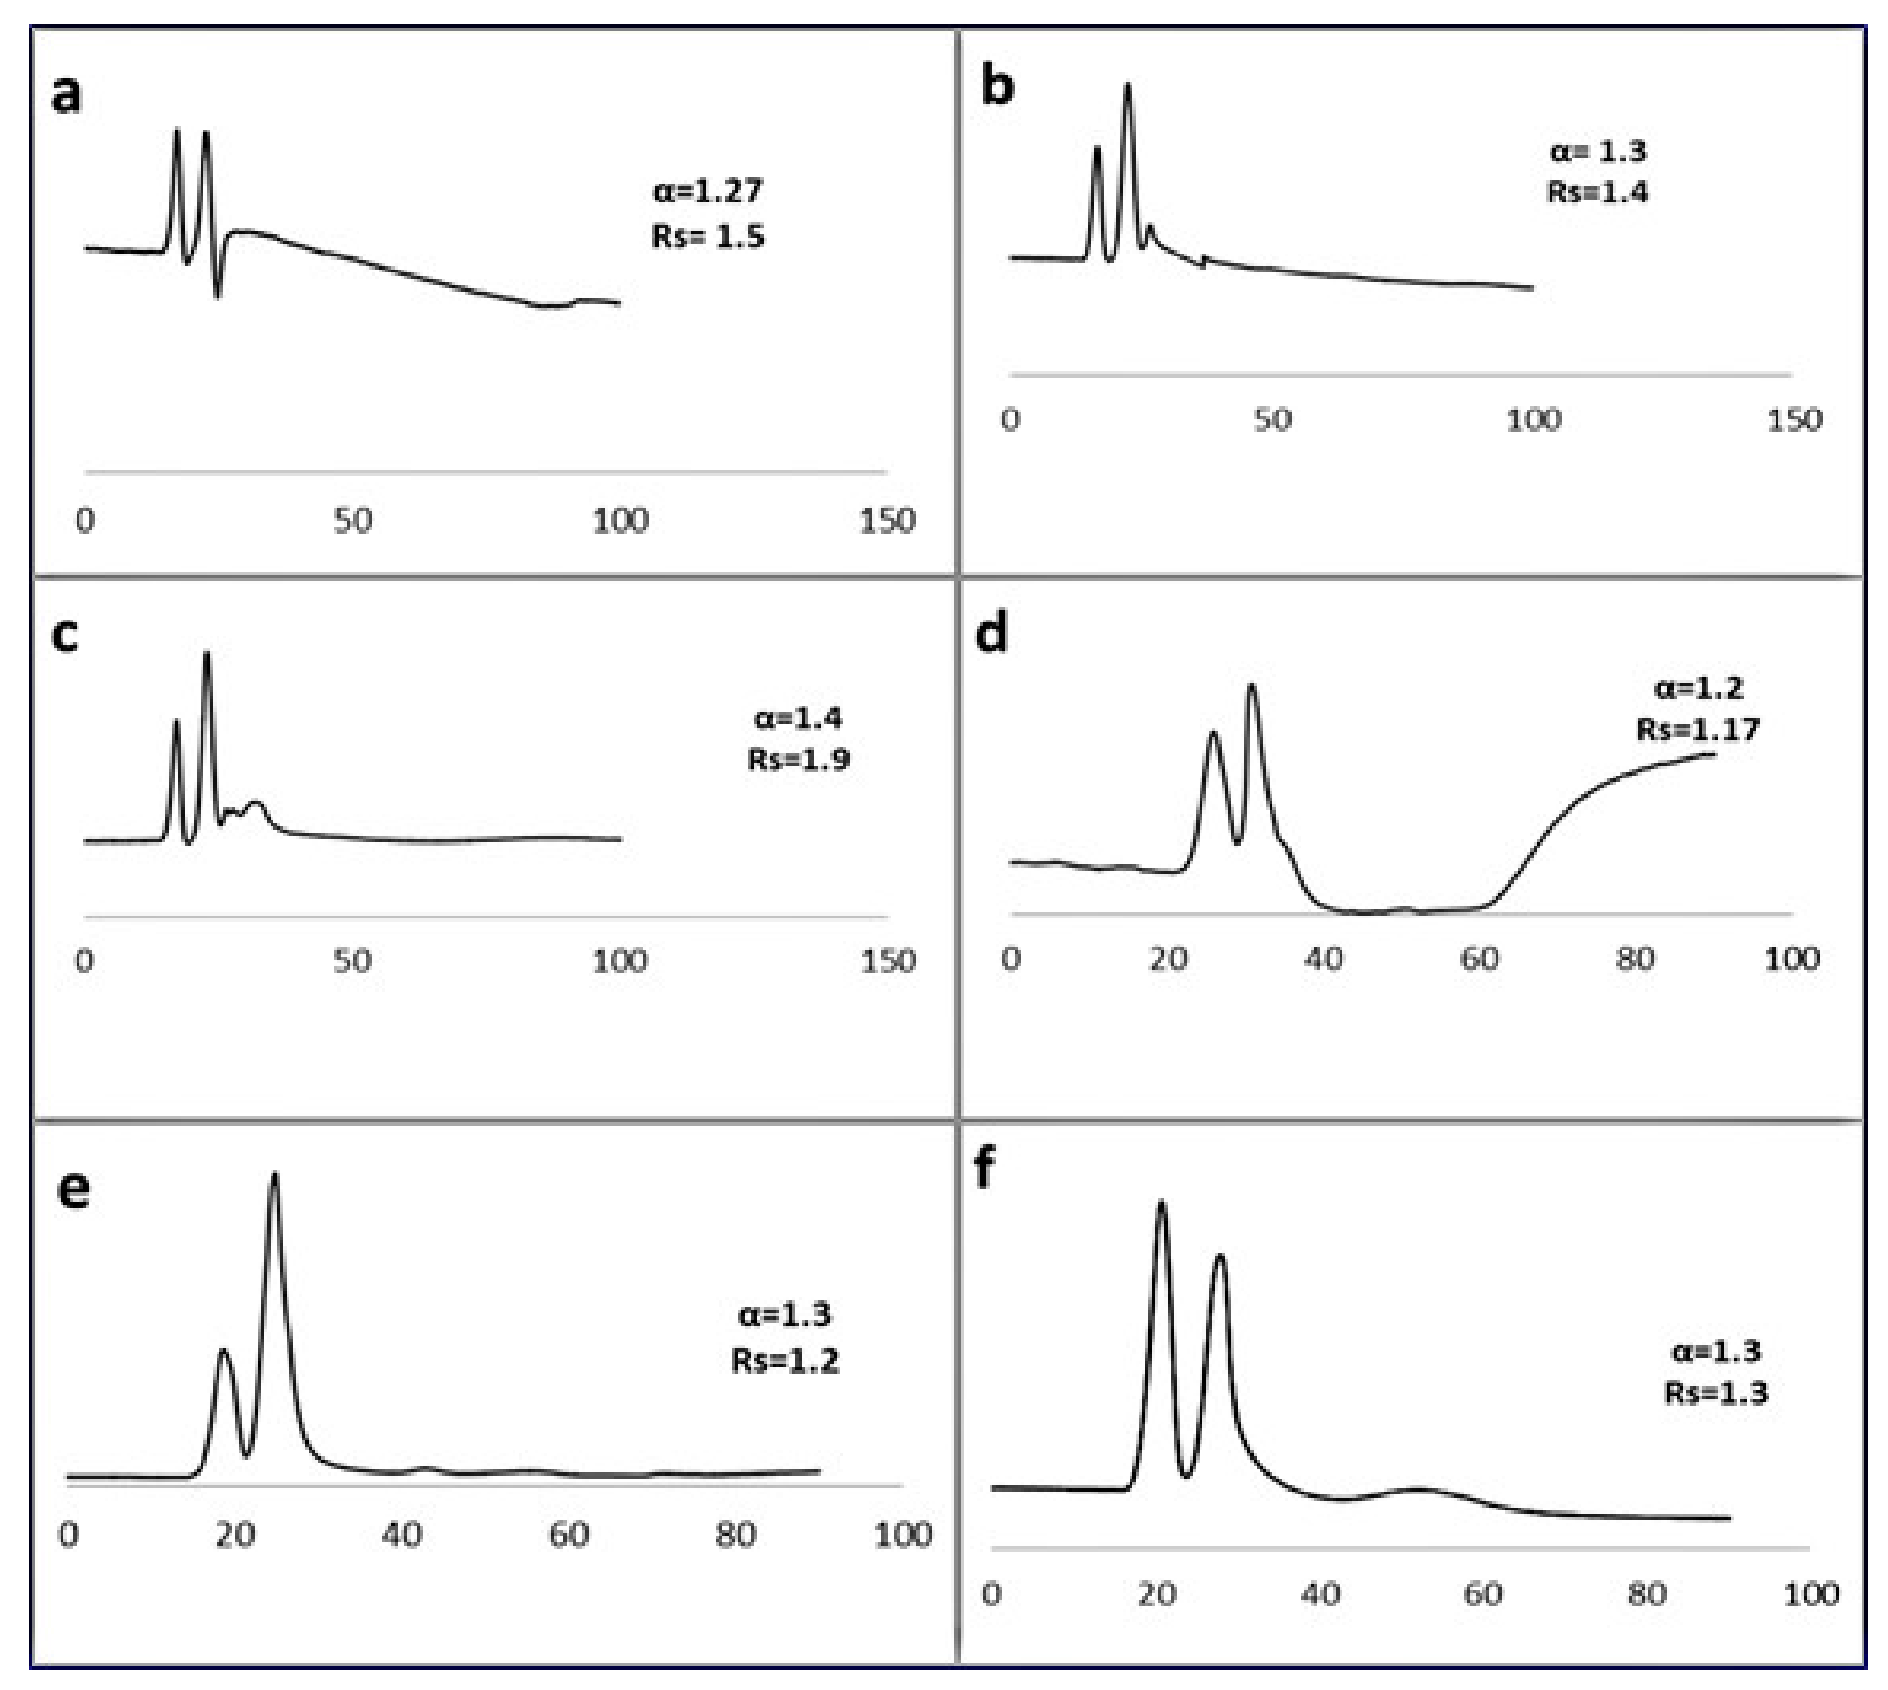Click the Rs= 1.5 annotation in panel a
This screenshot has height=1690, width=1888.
click(707, 236)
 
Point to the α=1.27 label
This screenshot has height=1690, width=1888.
click(707, 191)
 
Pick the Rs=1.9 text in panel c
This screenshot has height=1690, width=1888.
click(799, 760)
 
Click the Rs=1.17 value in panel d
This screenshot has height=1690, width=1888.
click(1697, 729)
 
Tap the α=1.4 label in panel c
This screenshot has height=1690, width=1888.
click(799, 718)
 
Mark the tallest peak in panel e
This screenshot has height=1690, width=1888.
click(274, 1177)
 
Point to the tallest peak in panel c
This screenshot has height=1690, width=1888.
click(207, 655)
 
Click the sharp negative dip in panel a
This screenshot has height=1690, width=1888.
click(218, 296)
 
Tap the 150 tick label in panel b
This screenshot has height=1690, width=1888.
click(1793, 419)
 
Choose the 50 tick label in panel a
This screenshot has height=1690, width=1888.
click(353, 520)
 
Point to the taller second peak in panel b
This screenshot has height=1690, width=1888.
click(1129, 87)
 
